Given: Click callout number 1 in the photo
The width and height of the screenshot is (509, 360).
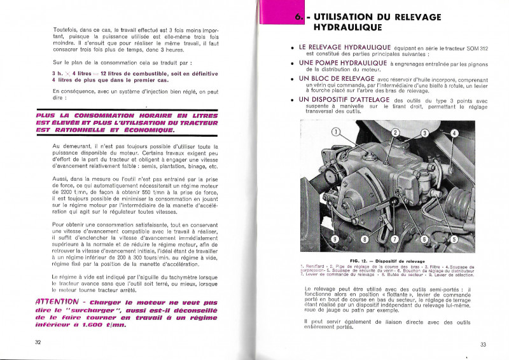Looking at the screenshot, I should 335,132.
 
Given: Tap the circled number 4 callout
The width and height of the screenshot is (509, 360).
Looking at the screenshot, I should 454,134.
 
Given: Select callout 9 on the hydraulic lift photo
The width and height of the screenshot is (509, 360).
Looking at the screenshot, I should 333,239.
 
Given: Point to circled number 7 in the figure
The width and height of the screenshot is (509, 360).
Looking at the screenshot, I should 394,239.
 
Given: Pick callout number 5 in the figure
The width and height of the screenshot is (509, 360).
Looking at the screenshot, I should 454,239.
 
